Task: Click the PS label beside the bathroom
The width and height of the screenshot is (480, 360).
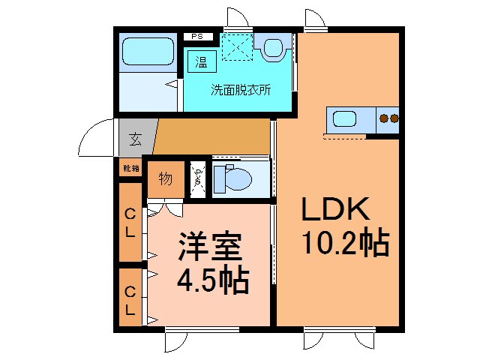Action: click(198, 36)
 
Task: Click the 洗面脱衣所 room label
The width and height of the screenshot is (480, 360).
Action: click(240, 89)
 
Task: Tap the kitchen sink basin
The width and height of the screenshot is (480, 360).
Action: click(346, 118)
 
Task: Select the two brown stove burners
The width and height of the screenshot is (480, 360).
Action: click(388, 118)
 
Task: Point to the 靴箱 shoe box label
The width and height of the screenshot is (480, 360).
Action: click(130, 169)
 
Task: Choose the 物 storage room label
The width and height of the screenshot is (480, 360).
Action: click(165, 179)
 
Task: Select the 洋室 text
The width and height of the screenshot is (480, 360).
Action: click(208, 247)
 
